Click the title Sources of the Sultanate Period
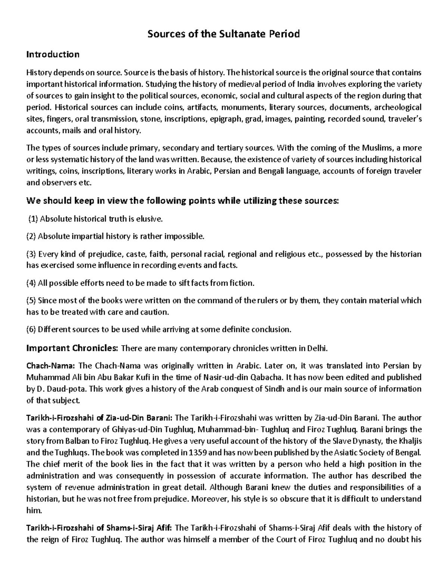pos(224,34)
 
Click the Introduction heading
pos(53,54)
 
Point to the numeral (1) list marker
pos(34,219)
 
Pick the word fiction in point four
pos(242,283)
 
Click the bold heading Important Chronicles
pos(72,349)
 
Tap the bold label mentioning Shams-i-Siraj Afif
pos(99,528)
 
